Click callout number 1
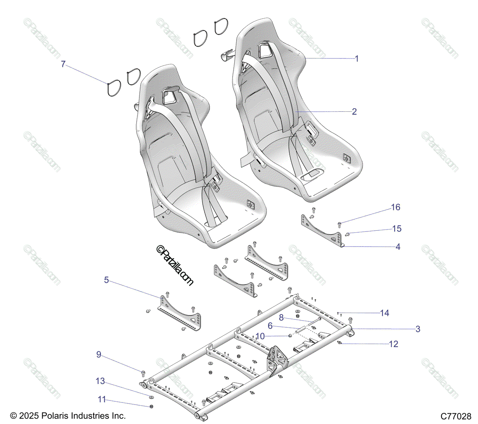357,59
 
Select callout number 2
355,112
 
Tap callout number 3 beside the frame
418,329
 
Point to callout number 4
398,247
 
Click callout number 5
106,280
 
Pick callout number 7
63,64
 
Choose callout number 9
99,355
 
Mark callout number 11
102,399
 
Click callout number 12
394,344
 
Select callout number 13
100,381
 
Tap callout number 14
384,313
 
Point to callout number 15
397,229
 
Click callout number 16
396,207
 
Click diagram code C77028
456,416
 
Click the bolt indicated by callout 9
143,373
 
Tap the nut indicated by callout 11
151,406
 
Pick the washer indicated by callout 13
151,397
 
